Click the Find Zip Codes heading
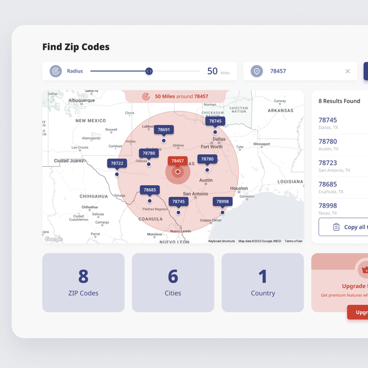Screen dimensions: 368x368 [x=76, y=47]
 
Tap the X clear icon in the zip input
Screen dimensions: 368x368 [x=348, y=71]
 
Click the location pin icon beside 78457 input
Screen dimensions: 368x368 [x=256, y=71]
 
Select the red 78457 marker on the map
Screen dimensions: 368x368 [x=177, y=161]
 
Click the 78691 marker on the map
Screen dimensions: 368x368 [x=164, y=130]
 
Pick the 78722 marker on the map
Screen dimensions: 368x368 [x=117, y=164]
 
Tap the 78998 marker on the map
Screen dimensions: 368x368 [x=222, y=202]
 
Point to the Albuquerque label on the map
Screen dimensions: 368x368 [x=82, y=100]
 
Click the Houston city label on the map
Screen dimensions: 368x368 [x=239, y=188]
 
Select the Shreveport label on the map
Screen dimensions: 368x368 [x=262, y=144]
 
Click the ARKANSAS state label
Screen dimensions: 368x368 [x=280, y=110]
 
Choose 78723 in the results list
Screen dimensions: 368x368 [x=328, y=163]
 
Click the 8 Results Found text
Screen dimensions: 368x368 [x=339, y=101]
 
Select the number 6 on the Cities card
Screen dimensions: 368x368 [x=173, y=277]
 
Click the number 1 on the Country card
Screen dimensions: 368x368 [x=263, y=277]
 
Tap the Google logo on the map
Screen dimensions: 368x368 [x=53, y=239]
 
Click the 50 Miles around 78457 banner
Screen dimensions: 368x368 [x=176, y=96]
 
